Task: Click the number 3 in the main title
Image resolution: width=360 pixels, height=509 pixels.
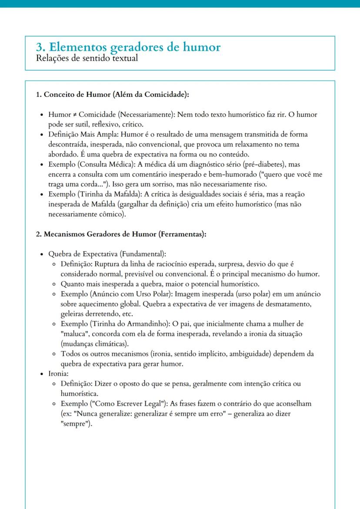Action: (x=40, y=47)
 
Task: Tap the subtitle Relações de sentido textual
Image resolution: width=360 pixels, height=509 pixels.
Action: (x=87, y=58)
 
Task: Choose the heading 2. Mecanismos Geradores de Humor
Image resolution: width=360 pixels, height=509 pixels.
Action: (x=120, y=234)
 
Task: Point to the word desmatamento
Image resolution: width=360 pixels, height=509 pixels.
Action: (x=284, y=303)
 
